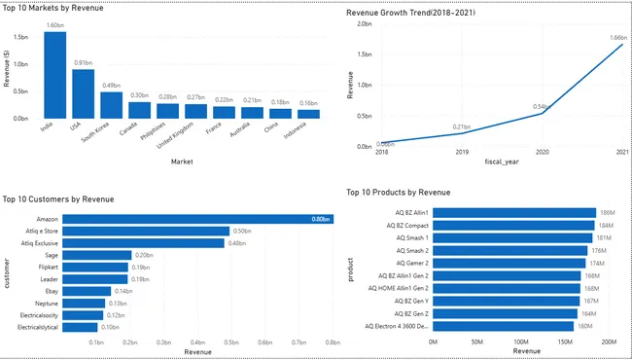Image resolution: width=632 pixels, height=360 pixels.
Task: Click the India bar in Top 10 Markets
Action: click(x=54, y=75)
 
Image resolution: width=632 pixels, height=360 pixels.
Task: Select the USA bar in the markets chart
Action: click(x=84, y=94)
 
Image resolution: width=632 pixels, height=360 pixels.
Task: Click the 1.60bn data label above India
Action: click(x=54, y=26)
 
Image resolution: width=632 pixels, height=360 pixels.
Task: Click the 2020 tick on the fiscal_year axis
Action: click(x=543, y=153)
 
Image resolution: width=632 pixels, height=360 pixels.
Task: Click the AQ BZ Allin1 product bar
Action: click(x=513, y=212)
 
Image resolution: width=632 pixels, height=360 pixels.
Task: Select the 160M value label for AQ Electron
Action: click(x=585, y=326)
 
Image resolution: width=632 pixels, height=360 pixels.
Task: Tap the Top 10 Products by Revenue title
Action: click(x=399, y=193)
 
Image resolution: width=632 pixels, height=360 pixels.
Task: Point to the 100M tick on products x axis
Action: click(x=520, y=342)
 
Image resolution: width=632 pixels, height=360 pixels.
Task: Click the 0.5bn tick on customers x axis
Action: click(x=230, y=342)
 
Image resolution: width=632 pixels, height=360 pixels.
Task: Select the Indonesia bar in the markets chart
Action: click(x=309, y=113)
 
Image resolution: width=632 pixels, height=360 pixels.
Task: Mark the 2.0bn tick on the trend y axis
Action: click(x=364, y=22)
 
